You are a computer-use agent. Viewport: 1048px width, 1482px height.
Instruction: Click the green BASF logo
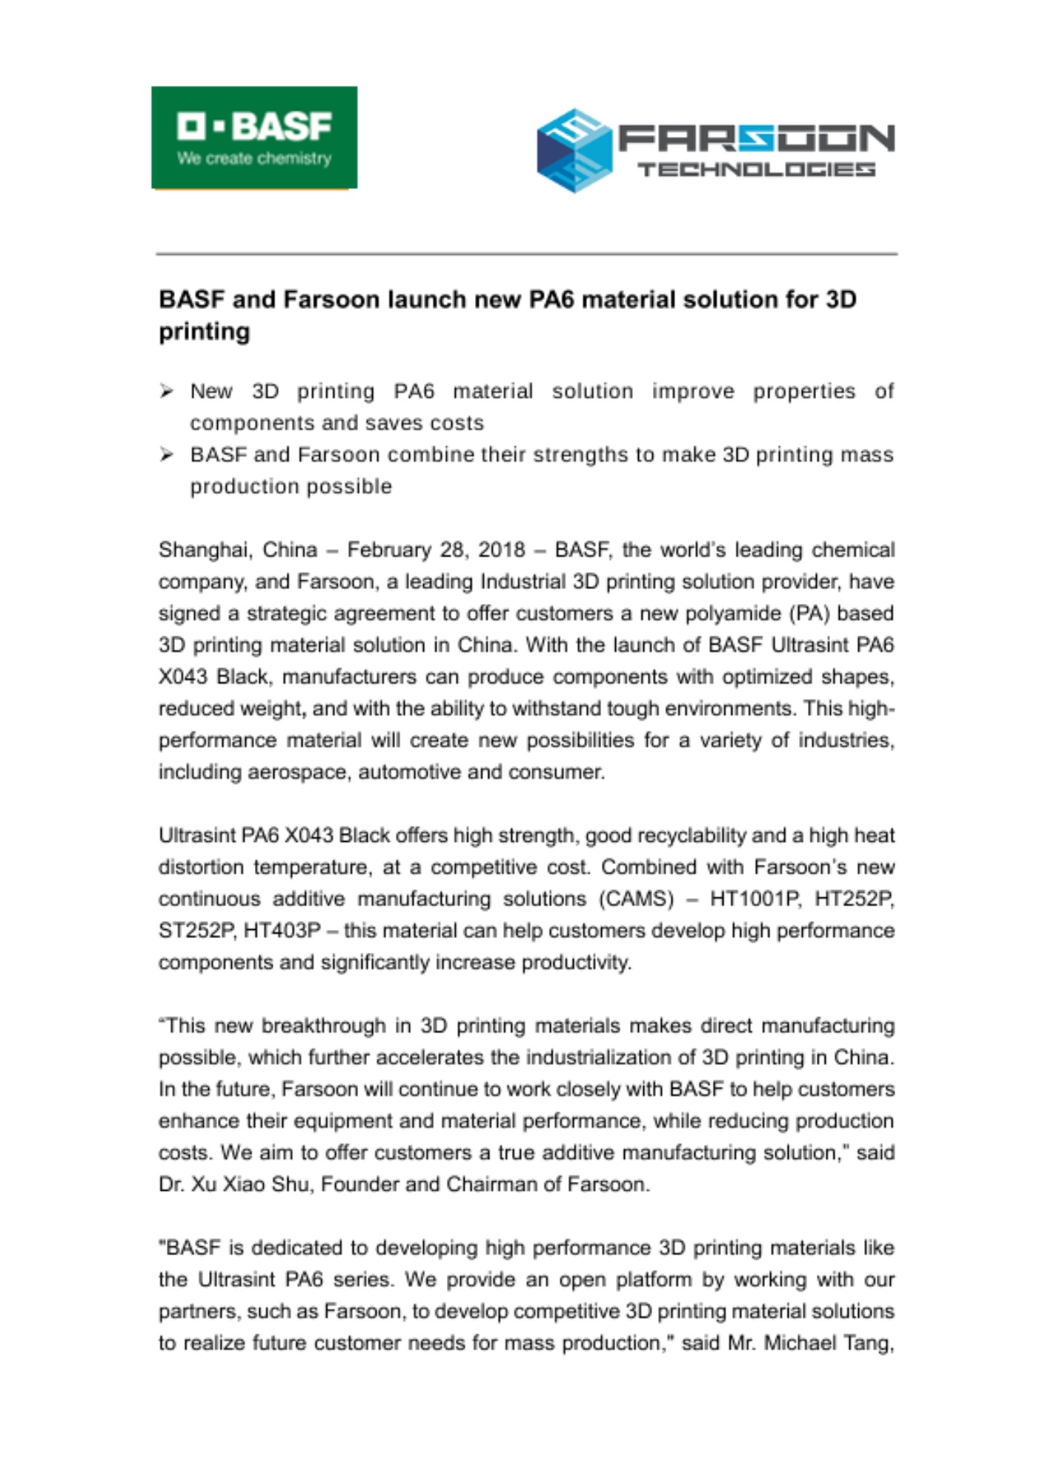click(x=254, y=137)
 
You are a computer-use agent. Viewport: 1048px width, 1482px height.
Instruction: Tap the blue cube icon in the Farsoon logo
click(x=574, y=150)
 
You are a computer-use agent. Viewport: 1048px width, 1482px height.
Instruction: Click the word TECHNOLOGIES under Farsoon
click(x=756, y=170)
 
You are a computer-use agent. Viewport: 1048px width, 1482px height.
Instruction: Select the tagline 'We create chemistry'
click(x=254, y=158)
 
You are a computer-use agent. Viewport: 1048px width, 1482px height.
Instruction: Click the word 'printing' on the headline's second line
click(x=205, y=331)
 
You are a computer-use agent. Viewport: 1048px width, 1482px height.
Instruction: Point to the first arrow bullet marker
click(x=167, y=391)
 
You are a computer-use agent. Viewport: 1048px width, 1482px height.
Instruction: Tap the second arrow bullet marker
click(x=167, y=455)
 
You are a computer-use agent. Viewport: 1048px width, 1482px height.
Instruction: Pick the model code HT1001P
click(x=755, y=899)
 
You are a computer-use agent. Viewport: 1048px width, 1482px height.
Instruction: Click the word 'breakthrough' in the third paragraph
click(x=323, y=1026)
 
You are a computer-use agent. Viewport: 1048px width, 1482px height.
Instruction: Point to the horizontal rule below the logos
click(x=526, y=254)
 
